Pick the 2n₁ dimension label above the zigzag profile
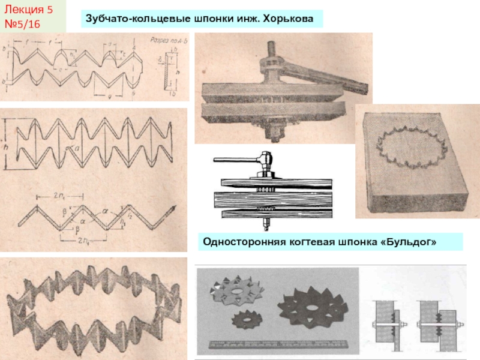click(59, 196)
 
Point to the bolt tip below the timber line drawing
click(265, 227)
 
